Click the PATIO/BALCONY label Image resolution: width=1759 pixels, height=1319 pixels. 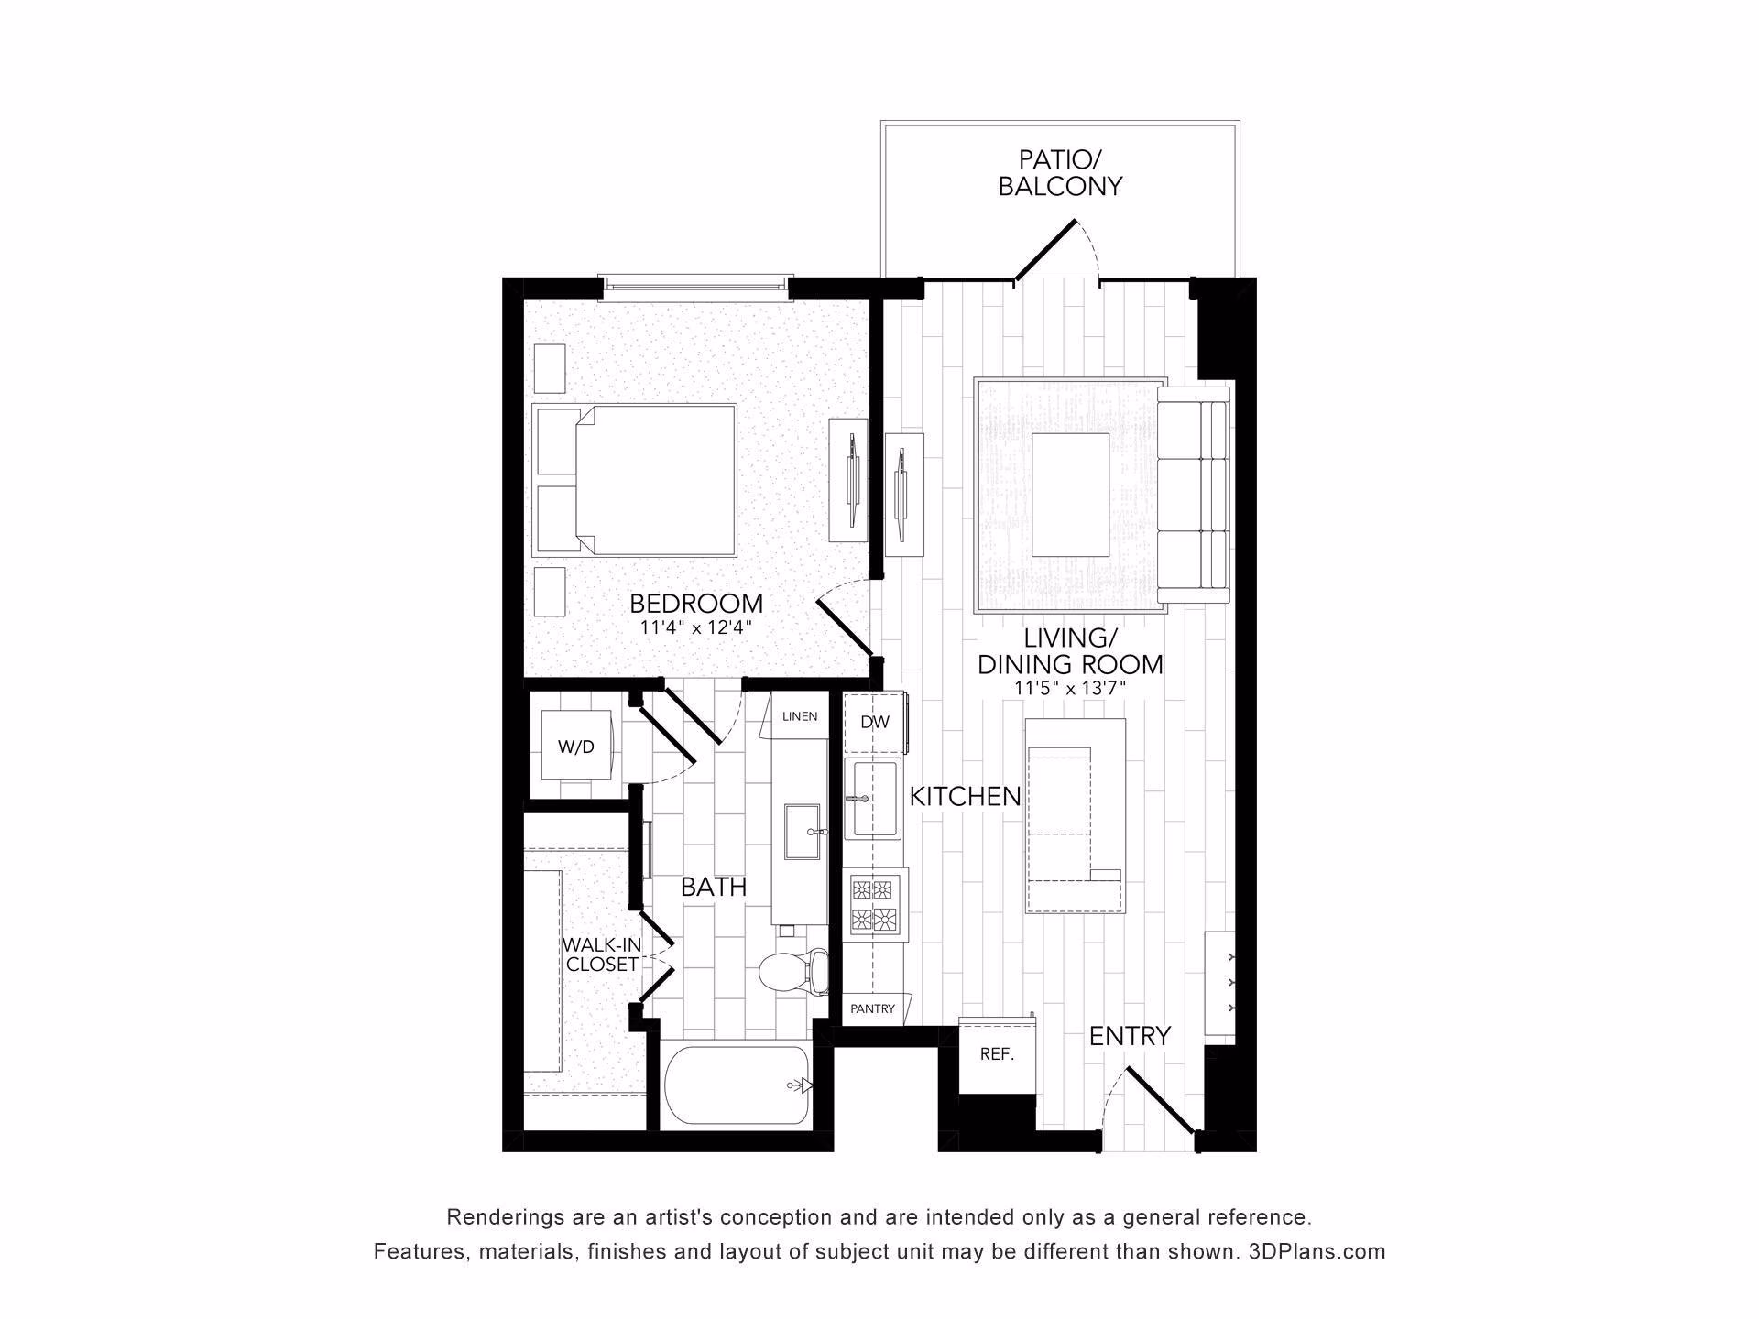(1060, 172)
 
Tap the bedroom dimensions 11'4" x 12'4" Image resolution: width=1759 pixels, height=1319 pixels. (696, 628)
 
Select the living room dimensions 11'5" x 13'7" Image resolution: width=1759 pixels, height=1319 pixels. (1070, 688)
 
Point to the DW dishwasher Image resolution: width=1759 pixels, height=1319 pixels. (874, 722)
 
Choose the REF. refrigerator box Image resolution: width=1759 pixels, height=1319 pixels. (998, 1054)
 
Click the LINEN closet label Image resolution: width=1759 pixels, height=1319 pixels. (800, 716)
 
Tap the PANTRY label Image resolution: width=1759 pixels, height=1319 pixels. (872, 1008)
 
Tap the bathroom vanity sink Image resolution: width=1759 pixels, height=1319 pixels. (803, 832)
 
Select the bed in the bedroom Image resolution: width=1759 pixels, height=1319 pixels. (635, 480)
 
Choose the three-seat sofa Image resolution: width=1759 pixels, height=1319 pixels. (1193, 495)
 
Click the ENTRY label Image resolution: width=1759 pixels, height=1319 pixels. (1130, 1036)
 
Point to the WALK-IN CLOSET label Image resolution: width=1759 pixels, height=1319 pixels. (601, 954)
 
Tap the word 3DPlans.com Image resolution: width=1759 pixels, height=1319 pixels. (1317, 1251)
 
